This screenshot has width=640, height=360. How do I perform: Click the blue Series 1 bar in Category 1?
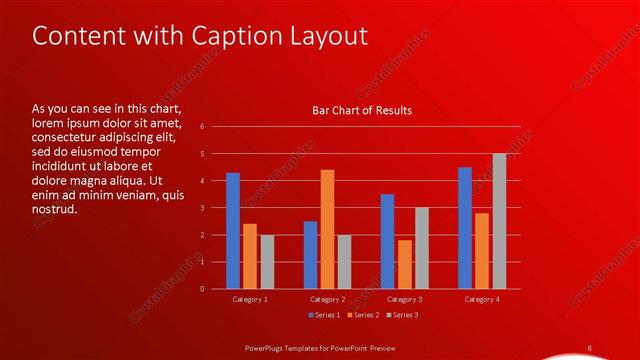click(x=233, y=231)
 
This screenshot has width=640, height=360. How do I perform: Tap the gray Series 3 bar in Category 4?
click(x=499, y=221)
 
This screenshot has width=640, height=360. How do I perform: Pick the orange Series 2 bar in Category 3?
click(x=404, y=264)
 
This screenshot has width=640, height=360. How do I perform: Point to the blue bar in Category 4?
click(x=465, y=228)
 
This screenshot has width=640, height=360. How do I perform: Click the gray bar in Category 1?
click(x=267, y=261)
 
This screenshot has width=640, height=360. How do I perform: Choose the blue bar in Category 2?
click(x=310, y=255)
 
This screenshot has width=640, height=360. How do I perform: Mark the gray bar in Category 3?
click(x=422, y=248)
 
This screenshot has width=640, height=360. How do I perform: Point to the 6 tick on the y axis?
click(x=202, y=127)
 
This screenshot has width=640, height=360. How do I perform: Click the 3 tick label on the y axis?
click(x=202, y=208)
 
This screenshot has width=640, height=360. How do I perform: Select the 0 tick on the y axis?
click(x=202, y=289)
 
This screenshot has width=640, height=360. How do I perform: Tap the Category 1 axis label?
click(x=250, y=299)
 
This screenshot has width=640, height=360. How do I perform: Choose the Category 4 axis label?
click(x=482, y=299)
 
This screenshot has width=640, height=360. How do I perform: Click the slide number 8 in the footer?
click(x=589, y=347)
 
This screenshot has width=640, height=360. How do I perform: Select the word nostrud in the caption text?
click(x=55, y=209)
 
